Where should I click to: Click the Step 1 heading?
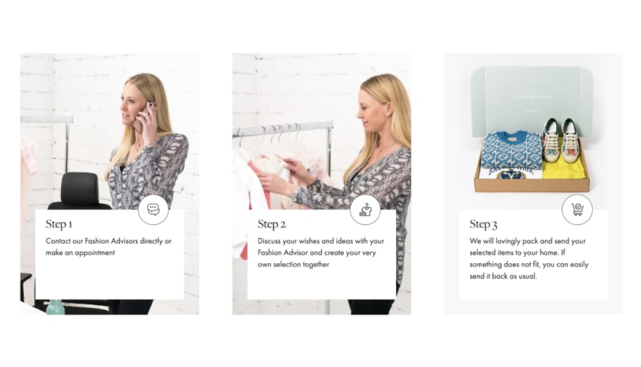(59, 224)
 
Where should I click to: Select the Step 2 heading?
(271, 224)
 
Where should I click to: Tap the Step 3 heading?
(483, 224)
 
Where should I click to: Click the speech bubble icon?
(153, 209)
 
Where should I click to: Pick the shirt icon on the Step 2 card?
(365, 210)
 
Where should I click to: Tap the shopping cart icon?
(577, 210)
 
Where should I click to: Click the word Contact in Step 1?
(58, 241)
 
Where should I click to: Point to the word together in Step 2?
(316, 265)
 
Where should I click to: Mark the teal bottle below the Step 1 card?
(55, 307)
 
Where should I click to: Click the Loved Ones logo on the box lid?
(532, 97)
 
